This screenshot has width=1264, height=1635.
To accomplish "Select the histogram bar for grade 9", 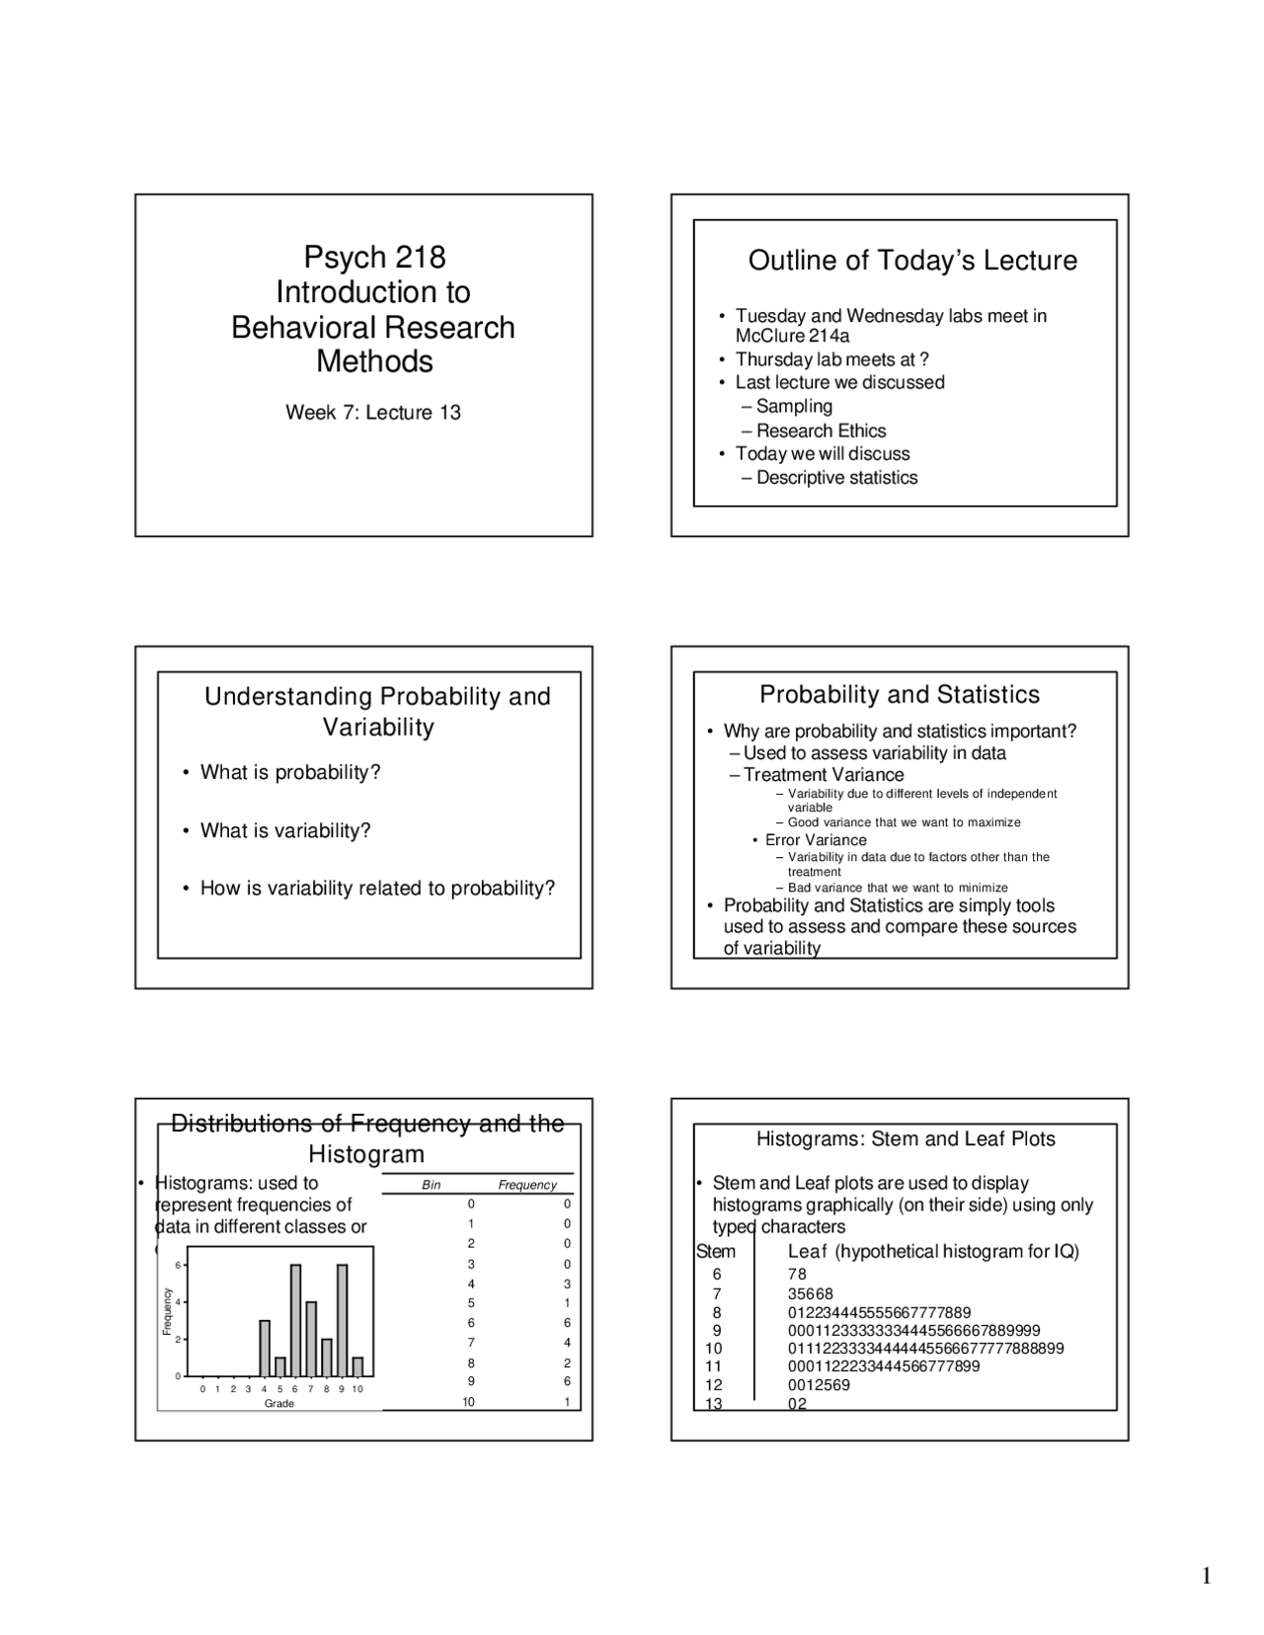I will [x=342, y=1320].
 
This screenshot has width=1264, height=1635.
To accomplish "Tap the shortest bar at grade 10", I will [x=357, y=1366].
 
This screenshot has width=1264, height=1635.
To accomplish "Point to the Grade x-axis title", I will [x=279, y=1403].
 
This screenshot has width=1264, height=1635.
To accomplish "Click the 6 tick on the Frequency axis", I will [x=178, y=1265].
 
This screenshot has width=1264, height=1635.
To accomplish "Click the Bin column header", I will [x=432, y=1185].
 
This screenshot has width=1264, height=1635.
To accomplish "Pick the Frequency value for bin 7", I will [x=567, y=1343].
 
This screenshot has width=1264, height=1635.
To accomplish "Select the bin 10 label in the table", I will [x=468, y=1402].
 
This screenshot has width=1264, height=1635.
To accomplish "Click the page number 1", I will [x=1206, y=1576].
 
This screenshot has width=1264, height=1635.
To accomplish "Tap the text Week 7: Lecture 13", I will [x=373, y=413].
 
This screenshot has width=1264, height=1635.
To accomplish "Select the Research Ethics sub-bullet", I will [x=821, y=430].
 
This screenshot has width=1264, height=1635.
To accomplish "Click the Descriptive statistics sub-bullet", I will [x=836, y=478].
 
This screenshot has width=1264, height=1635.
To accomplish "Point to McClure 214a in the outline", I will [x=792, y=336].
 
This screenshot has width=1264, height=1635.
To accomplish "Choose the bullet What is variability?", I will [x=285, y=830].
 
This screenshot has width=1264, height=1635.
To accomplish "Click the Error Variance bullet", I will [x=816, y=840].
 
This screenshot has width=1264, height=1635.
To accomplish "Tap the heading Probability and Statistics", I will [x=899, y=695].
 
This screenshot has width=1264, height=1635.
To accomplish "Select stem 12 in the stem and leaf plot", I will [x=713, y=1385].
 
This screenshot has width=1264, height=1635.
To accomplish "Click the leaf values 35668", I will [x=811, y=1293].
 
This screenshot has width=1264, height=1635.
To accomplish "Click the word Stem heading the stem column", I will [x=715, y=1252].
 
